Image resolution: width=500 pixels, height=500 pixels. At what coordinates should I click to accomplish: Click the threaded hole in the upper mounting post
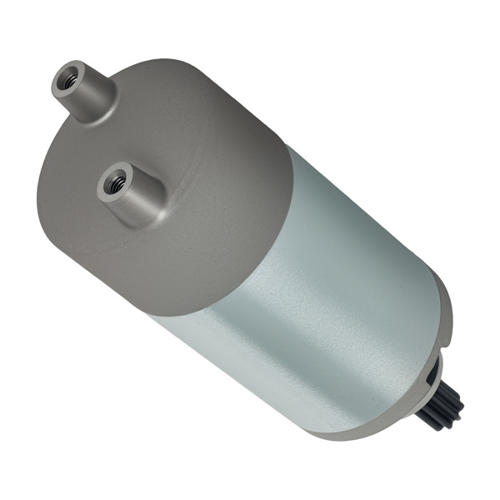pyautogui.click(x=69, y=80)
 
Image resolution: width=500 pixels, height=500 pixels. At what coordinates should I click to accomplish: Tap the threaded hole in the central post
pyautogui.click(x=115, y=181)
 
